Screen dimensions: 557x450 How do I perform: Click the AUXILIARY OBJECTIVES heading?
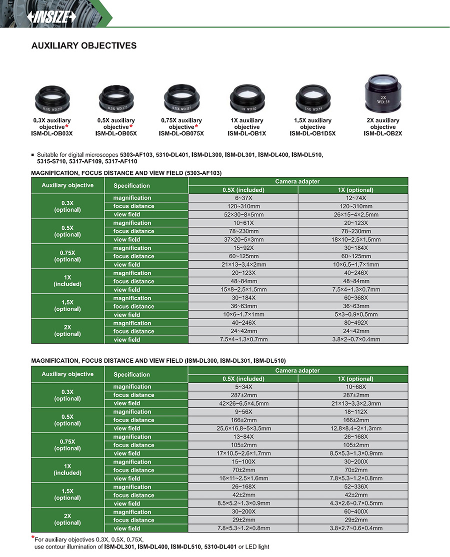[84, 46]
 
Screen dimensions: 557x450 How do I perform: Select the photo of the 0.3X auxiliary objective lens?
[52, 99]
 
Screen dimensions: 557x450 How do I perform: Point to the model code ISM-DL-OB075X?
[181, 133]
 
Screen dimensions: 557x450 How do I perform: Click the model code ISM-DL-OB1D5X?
[312, 133]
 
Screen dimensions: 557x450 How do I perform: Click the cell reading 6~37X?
[243, 198]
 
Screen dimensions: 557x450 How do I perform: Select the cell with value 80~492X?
[352, 323]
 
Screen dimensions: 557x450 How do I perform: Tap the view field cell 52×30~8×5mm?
[243, 215]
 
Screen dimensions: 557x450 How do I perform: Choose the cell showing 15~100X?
[243, 462]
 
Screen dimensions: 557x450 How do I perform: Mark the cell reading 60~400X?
[352, 512]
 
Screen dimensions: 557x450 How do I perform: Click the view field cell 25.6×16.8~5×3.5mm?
[243, 429]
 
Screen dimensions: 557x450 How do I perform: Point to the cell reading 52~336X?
[352, 487]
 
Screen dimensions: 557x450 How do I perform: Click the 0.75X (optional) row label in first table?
[67, 256]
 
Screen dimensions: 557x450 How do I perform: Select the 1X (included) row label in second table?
[67, 470]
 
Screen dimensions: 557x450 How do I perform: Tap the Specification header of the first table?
[131, 186]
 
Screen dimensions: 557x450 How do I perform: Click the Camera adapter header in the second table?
[297, 371]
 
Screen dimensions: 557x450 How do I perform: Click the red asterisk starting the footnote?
[33, 538]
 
